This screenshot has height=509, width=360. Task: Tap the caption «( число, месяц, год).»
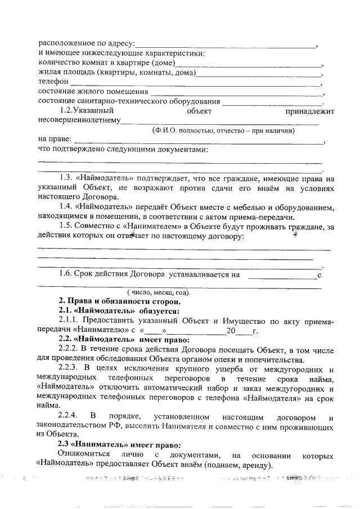(158, 292)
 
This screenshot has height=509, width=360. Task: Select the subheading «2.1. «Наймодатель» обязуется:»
(119, 311)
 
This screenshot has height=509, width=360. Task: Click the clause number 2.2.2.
(70, 350)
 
